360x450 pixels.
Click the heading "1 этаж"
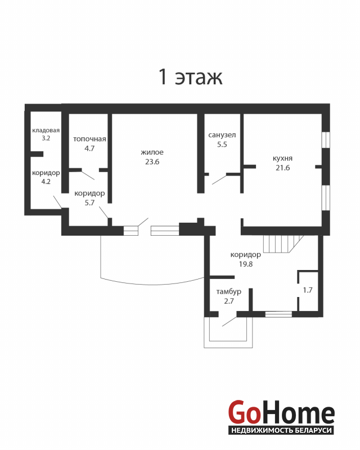[191, 77]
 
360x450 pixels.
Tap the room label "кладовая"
[46, 130]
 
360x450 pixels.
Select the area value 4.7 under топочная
[89, 148]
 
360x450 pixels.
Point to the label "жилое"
[152, 152]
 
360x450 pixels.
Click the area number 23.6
[152, 162]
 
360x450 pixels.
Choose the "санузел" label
[222, 135]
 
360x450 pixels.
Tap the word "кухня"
[282, 159]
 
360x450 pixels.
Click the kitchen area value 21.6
[283, 168]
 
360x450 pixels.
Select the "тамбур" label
[228, 291]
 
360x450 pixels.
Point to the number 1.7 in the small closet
[308, 290]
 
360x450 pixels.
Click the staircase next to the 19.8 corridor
[283, 244]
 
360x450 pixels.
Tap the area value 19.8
[246, 264]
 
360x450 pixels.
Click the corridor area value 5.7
[89, 202]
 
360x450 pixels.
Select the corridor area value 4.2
[46, 182]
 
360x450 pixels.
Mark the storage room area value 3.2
[46, 138]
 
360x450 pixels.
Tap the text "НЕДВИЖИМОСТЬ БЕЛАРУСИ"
[281, 430]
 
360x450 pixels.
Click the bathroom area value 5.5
[222, 145]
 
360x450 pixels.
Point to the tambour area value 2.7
[229, 301]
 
